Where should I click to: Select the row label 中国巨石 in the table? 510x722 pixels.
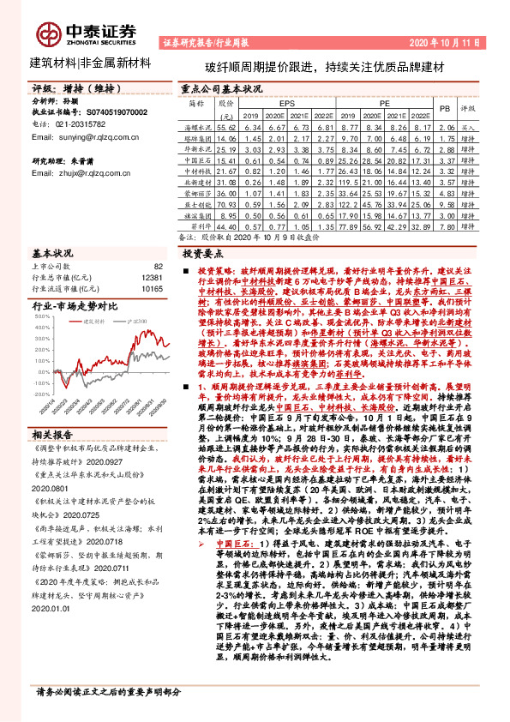click(198, 159)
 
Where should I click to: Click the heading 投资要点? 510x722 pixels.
click(204, 255)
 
